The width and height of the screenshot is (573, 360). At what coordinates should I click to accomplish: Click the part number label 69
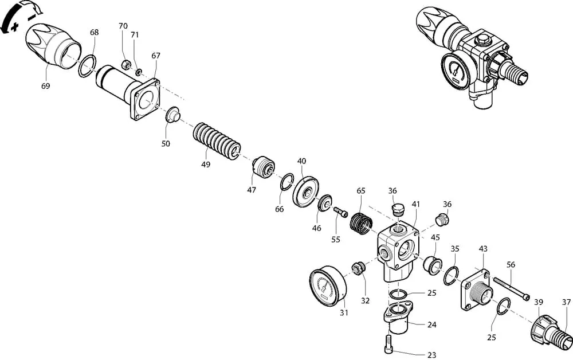(x=45, y=86)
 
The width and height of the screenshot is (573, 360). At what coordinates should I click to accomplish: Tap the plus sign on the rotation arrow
(x=15, y=27)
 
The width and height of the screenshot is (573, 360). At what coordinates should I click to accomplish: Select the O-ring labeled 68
(x=87, y=66)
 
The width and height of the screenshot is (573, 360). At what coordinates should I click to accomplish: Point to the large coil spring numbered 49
(x=217, y=142)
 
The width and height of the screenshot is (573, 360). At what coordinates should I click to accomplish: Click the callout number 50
(x=166, y=144)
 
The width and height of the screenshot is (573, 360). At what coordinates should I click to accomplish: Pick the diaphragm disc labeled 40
(x=305, y=190)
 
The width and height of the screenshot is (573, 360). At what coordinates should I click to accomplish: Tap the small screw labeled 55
(x=340, y=212)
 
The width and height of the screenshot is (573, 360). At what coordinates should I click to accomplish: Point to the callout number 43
(x=482, y=249)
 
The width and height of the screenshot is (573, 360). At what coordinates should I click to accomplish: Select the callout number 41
(x=416, y=204)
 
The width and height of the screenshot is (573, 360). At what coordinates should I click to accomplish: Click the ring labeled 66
(x=287, y=182)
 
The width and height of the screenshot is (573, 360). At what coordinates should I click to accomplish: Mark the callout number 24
(x=431, y=324)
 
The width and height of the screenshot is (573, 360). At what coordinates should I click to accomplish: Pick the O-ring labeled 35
(x=452, y=276)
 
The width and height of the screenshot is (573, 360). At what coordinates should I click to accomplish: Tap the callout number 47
(x=252, y=190)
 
